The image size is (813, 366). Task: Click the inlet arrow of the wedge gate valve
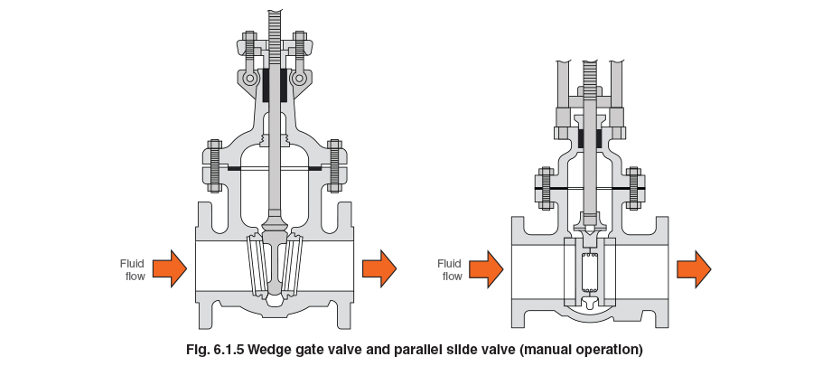(169, 267)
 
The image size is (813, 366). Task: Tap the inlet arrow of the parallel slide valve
(485, 267)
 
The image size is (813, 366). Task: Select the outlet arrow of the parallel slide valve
(695, 267)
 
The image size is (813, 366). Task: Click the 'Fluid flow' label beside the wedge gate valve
(132, 268)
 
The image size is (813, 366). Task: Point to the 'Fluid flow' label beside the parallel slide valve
(449, 268)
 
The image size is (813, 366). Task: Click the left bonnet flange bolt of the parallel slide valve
(546, 189)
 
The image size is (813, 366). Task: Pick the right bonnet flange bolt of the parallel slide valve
(634, 189)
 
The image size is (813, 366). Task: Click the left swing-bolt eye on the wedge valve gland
(248, 80)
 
